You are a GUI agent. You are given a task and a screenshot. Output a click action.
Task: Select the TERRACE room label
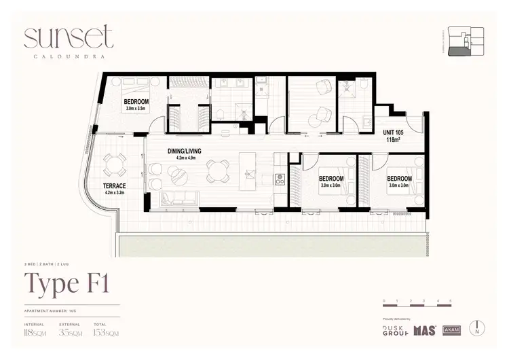pyautogui.click(x=115, y=185)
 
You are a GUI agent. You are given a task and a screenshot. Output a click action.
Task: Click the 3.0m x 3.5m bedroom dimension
pyautogui.click(x=136, y=108)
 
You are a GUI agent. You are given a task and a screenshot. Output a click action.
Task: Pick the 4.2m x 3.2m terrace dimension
pyautogui.click(x=115, y=192)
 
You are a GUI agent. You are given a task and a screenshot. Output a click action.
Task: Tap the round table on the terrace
pyautogui.click(x=113, y=162)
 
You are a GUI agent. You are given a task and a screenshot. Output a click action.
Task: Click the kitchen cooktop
pyautogui.click(x=278, y=179)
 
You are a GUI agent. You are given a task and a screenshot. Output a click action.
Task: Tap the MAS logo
pyautogui.click(x=424, y=330)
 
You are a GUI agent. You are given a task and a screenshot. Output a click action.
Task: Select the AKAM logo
pyautogui.click(x=452, y=331)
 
